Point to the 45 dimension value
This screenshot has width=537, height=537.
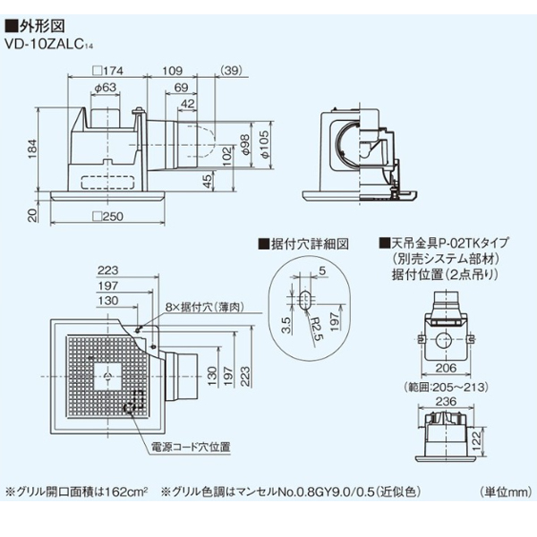point(208,180)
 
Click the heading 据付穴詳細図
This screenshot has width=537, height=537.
point(305,243)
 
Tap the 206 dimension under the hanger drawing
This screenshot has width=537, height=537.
point(444,369)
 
